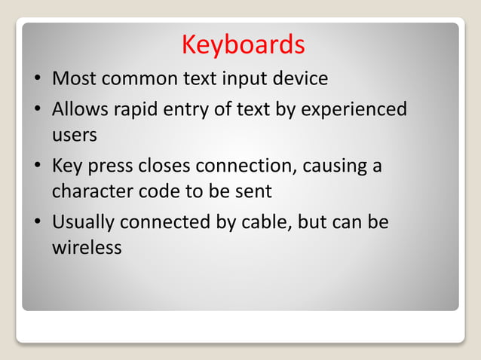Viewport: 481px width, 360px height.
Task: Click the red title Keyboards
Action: tap(243, 45)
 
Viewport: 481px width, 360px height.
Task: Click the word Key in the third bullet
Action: tap(66, 166)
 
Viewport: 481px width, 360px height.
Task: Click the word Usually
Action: tap(84, 223)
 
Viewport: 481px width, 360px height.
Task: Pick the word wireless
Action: tap(87, 247)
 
